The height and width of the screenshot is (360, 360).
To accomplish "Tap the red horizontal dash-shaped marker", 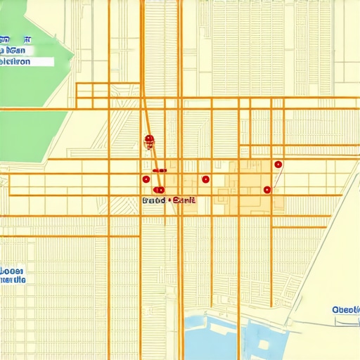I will (159, 170).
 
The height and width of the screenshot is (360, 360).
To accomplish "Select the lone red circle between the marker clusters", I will (205, 179).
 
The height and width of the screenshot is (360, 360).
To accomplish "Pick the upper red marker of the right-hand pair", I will (278, 165).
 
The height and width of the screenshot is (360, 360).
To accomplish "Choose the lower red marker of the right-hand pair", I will (267, 189).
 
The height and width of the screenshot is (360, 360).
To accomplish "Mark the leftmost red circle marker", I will (146, 179).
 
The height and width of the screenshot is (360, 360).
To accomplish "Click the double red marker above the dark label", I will (159, 190).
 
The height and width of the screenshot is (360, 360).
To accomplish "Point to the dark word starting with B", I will (153, 200).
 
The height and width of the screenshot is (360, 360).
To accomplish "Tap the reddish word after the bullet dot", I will (184, 200).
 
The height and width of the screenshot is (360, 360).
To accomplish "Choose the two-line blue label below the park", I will (13, 275).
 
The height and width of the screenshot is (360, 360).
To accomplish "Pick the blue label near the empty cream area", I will (345, 309).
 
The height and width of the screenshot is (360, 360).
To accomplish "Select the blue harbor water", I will (211, 337).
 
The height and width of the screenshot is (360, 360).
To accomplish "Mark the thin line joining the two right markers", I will (273, 177).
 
